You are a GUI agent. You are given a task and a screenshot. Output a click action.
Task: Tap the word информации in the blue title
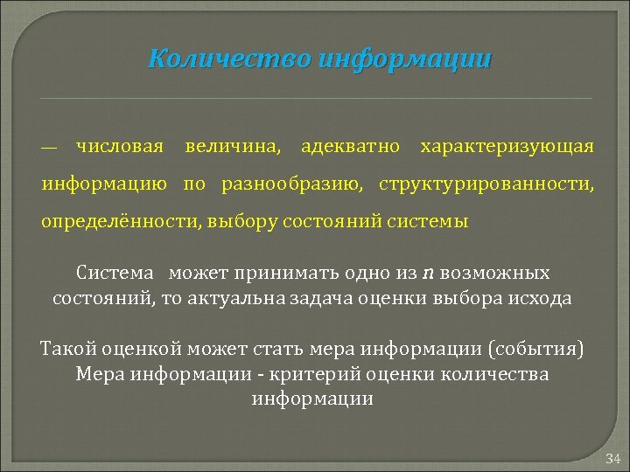coord(405,59)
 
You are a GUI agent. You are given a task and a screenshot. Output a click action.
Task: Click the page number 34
coord(612,458)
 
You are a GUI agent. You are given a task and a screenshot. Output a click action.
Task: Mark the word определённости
coord(122,221)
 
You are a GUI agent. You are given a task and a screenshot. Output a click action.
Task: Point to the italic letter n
coord(428,273)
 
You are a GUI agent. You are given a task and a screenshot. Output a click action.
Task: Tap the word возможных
coord(495,273)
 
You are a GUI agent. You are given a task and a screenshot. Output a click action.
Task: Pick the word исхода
coord(542,297)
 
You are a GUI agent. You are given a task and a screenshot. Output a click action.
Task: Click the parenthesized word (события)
coord(535,350)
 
